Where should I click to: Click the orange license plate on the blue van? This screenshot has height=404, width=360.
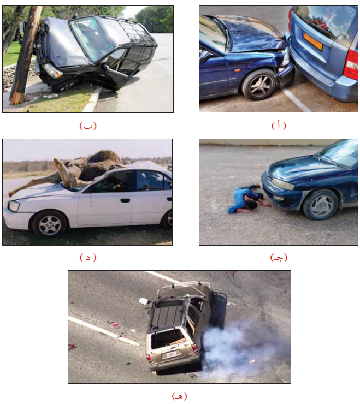[x=313, y=41]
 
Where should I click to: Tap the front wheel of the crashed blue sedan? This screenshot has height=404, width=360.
[x=259, y=85]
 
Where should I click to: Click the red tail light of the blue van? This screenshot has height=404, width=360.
[x=352, y=64]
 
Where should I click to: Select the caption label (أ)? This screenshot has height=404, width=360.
[x=279, y=126]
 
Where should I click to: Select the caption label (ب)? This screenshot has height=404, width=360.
[x=88, y=126]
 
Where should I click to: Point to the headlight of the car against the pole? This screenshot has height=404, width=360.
[x=52, y=70]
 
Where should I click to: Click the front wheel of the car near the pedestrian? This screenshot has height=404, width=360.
[x=320, y=205]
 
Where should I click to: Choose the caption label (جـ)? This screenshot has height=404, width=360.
[x=279, y=257]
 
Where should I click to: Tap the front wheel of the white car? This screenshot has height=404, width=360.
[x=50, y=224]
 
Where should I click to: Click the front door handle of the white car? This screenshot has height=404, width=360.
[x=125, y=200]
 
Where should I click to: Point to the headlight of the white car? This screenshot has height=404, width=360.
[x=14, y=206]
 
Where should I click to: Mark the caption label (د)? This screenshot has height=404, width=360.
[x=88, y=257]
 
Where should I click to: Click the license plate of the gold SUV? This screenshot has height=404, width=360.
[x=171, y=354]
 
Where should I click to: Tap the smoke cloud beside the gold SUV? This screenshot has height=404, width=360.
[x=240, y=348]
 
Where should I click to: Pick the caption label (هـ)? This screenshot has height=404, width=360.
[x=179, y=395]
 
